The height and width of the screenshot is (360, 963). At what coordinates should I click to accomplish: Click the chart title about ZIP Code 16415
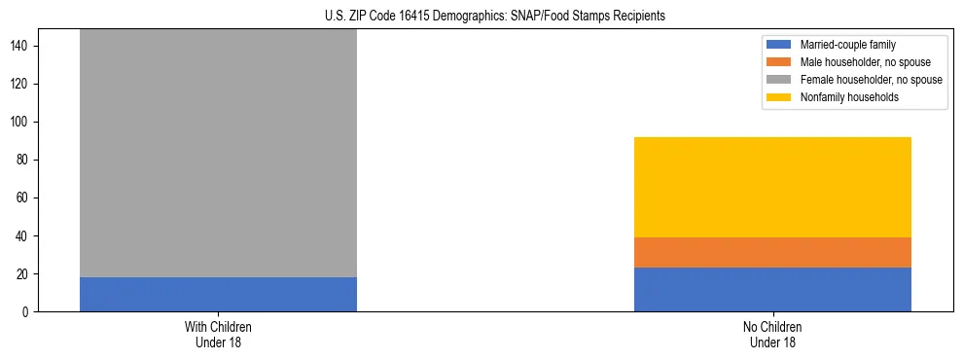pyautogui.click(x=481, y=17)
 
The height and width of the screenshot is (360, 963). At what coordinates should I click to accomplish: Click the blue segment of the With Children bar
pyautogui.click(x=218, y=294)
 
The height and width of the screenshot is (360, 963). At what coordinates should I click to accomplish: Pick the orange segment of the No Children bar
pyautogui.click(x=772, y=252)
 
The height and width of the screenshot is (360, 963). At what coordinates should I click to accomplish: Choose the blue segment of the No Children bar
pyautogui.click(x=772, y=289)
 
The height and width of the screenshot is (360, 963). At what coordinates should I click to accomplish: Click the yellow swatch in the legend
pyautogui.click(x=779, y=97)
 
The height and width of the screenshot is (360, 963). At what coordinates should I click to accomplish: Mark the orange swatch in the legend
pyautogui.click(x=779, y=62)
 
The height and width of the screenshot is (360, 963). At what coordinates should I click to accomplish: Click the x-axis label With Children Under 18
pyautogui.click(x=218, y=335)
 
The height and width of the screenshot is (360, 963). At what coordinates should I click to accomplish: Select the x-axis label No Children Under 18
pyautogui.click(x=772, y=335)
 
